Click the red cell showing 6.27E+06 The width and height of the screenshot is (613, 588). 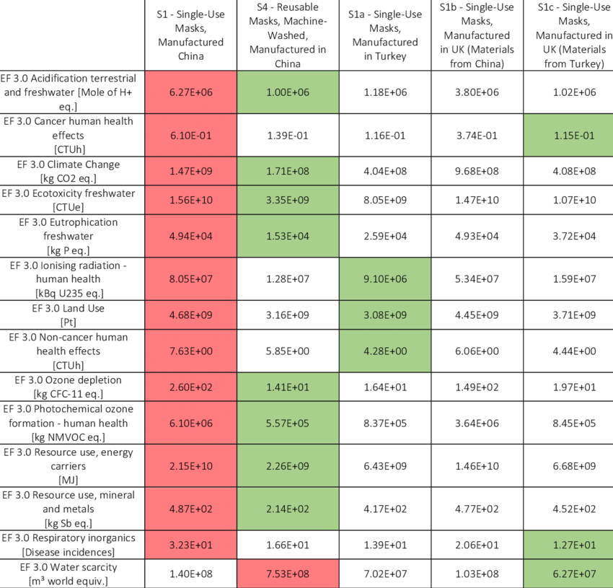190,92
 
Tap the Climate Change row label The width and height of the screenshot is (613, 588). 72,171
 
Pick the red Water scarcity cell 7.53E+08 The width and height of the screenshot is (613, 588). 287,574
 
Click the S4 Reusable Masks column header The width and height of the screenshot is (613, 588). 287,35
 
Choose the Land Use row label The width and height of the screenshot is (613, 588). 72,315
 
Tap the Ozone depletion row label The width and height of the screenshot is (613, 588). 72,387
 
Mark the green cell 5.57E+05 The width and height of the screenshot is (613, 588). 287,423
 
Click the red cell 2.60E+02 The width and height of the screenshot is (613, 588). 190,387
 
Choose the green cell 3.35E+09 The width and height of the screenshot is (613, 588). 287,200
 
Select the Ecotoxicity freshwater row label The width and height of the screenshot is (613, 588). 72,200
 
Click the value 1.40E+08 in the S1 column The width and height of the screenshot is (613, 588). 190,574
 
